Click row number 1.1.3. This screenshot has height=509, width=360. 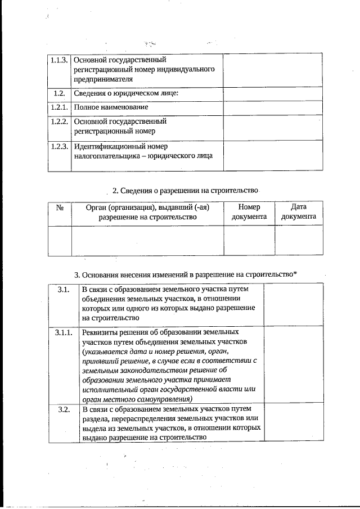coord(59,59)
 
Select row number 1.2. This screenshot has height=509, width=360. coord(59,93)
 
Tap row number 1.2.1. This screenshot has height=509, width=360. coord(59,107)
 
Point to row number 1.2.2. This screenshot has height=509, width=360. coord(59,121)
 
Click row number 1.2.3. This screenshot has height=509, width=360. coord(59,146)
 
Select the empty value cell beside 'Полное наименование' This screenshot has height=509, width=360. coord(272,107)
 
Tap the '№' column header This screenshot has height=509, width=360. coord(60,208)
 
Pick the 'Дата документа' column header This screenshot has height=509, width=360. coord(299,212)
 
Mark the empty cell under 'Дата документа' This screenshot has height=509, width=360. coord(299,240)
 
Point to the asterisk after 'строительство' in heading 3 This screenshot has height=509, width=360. coord(295,273)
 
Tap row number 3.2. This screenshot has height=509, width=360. coord(63,409)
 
